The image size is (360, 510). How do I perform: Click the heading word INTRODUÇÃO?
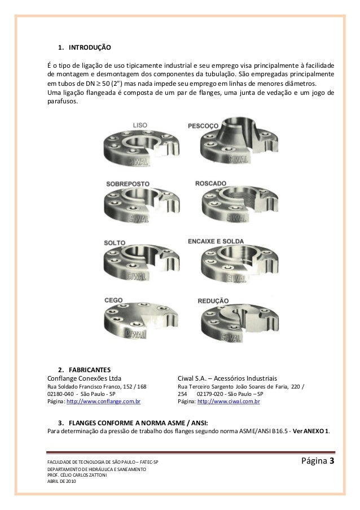[x=89, y=47]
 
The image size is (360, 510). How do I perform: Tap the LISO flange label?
[x=141, y=125]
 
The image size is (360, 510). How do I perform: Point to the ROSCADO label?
[x=211, y=183]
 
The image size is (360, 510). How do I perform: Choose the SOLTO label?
[x=115, y=243]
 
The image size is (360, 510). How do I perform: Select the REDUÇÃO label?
[x=213, y=301]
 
